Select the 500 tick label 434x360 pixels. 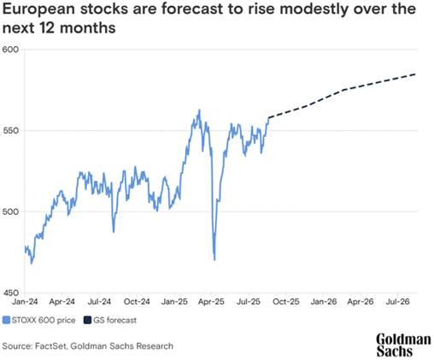pyautogui.click(x=9, y=211)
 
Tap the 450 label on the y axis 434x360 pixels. pyautogui.click(x=9, y=292)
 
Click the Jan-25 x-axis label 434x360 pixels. pyautogui.click(x=175, y=302)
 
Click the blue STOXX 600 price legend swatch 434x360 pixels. pyautogui.click(x=6, y=321)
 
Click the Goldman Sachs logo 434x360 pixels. pyautogui.click(x=402, y=343)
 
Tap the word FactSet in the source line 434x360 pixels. pyautogui.click(x=55, y=345)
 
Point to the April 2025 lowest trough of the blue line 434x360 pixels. pyautogui.click(x=214, y=259)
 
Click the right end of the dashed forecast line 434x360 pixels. pyautogui.click(x=416, y=74)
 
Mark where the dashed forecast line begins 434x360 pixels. pyautogui.click(x=268, y=116)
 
